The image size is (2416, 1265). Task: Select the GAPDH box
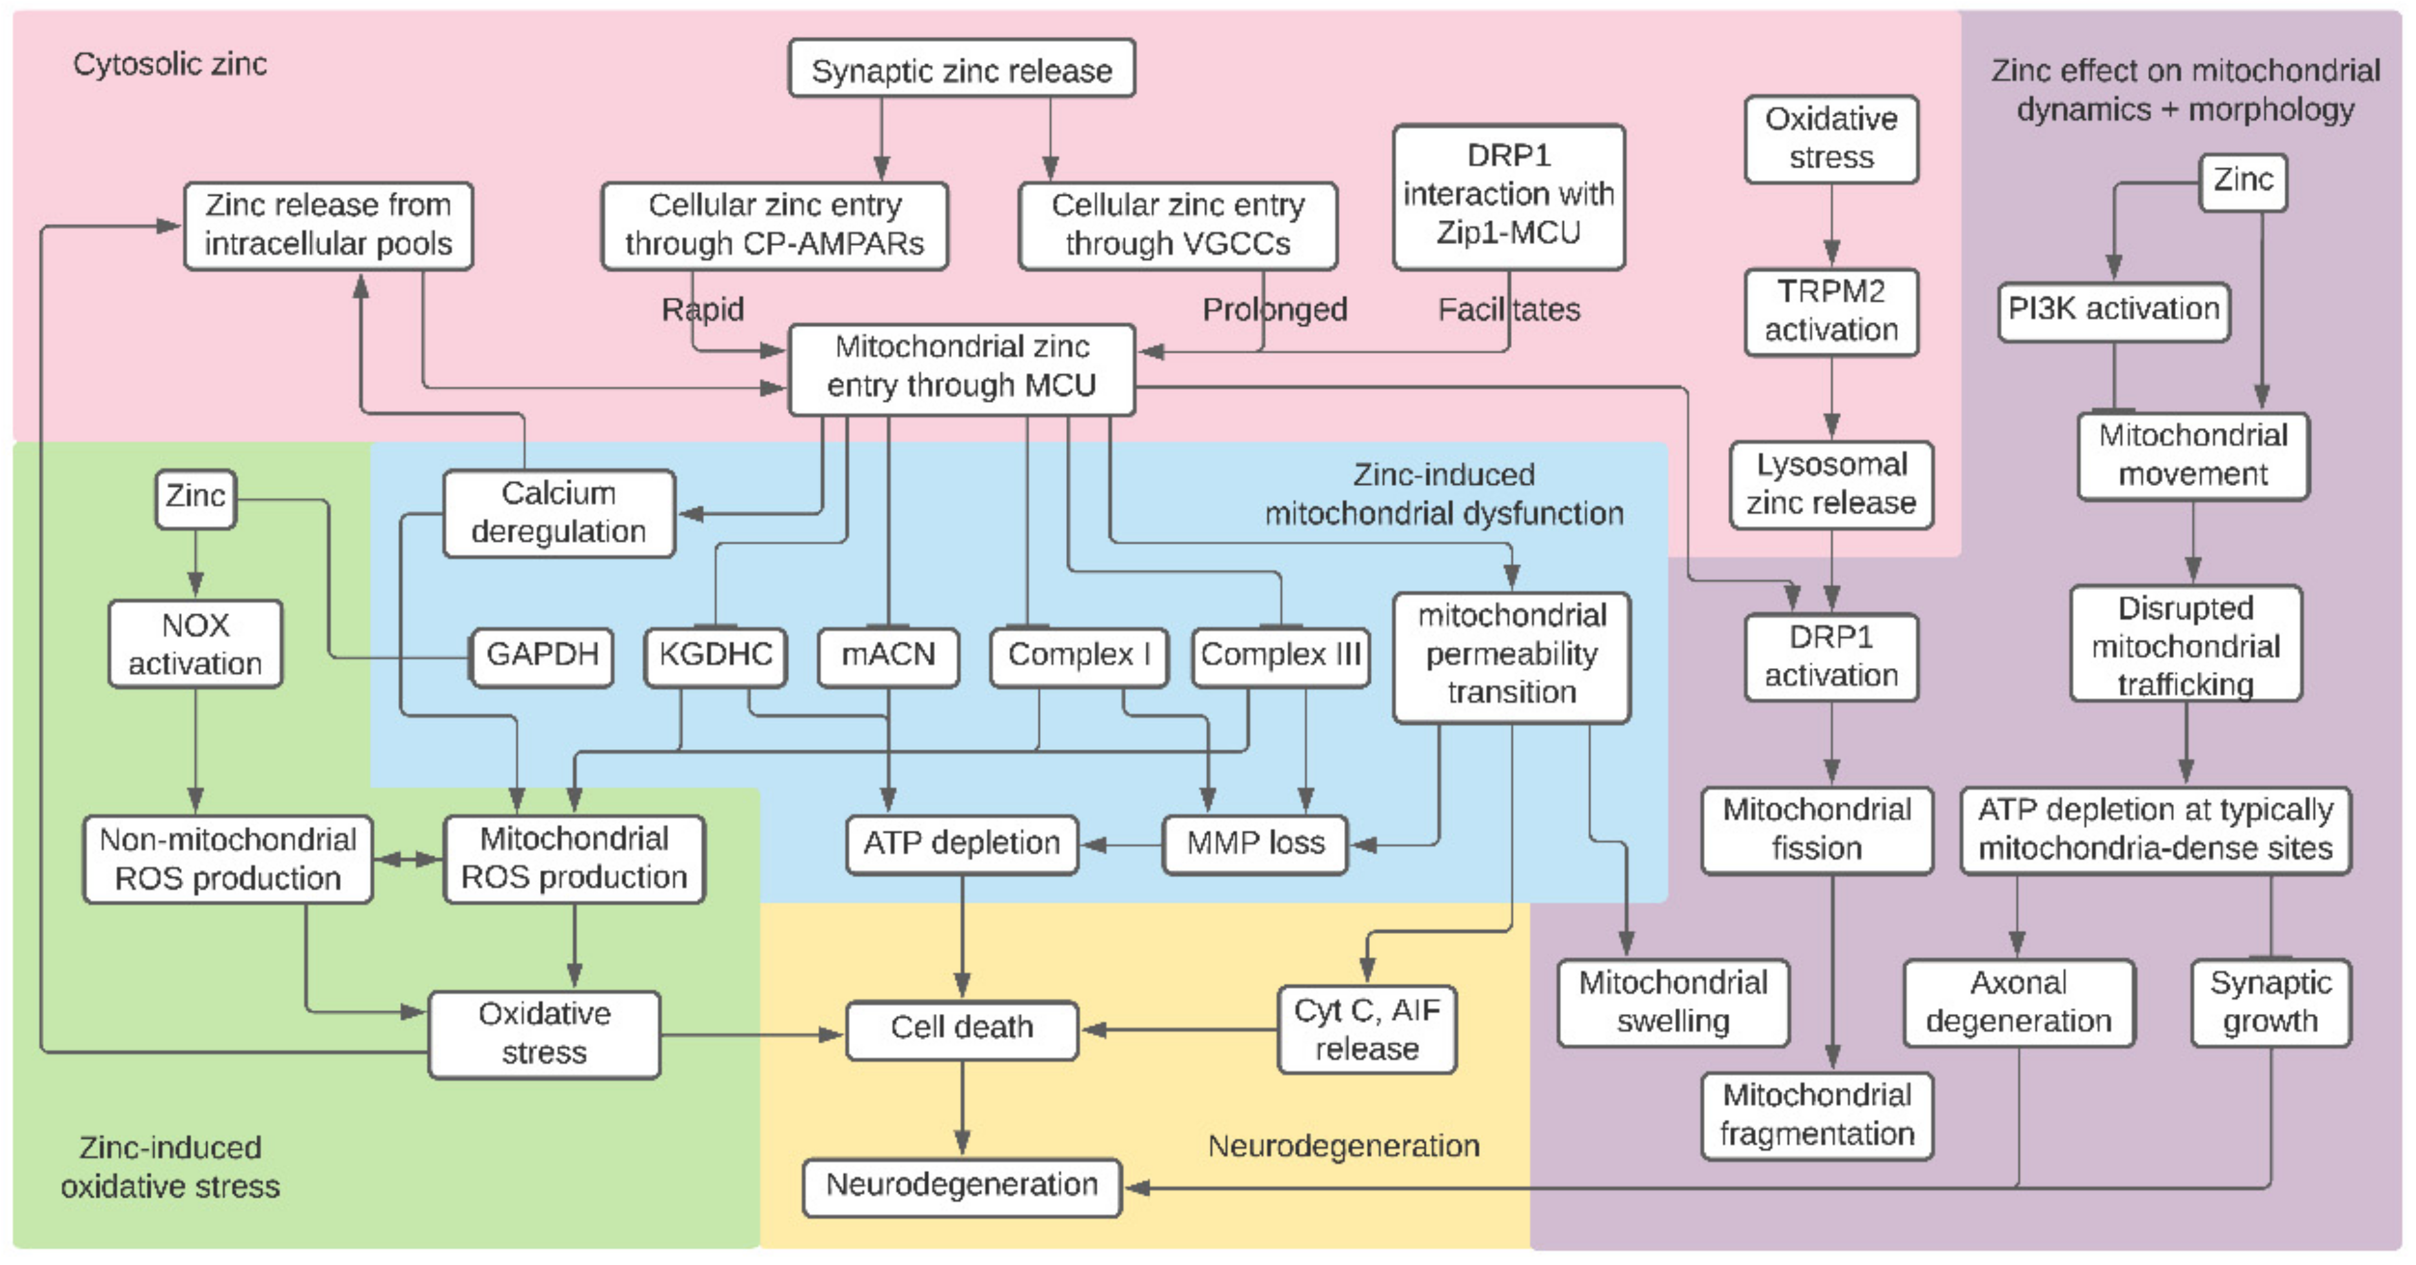[x=542, y=656]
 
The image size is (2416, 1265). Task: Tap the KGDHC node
[x=715, y=656]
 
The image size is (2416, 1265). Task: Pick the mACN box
[x=887, y=656]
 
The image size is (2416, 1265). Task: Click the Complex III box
[x=1280, y=656]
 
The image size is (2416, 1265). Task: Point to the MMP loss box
[x=1255, y=844]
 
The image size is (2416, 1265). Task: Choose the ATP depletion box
[x=961, y=844]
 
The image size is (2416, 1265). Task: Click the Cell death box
[x=961, y=1029]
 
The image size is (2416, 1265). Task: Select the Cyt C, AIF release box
[x=1367, y=1029]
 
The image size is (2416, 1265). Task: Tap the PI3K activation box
[x=2113, y=309]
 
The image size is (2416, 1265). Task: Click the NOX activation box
[x=195, y=644]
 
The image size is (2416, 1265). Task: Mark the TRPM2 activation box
[x=1831, y=311]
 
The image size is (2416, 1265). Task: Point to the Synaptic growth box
[x=2270, y=1002]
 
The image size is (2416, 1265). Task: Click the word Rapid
[x=703, y=309]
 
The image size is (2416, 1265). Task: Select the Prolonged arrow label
[x=1274, y=309]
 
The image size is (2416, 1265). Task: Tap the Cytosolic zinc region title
[x=170, y=64]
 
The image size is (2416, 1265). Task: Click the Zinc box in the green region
[x=195, y=497]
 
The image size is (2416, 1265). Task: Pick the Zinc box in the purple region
[x=2242, y=180]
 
